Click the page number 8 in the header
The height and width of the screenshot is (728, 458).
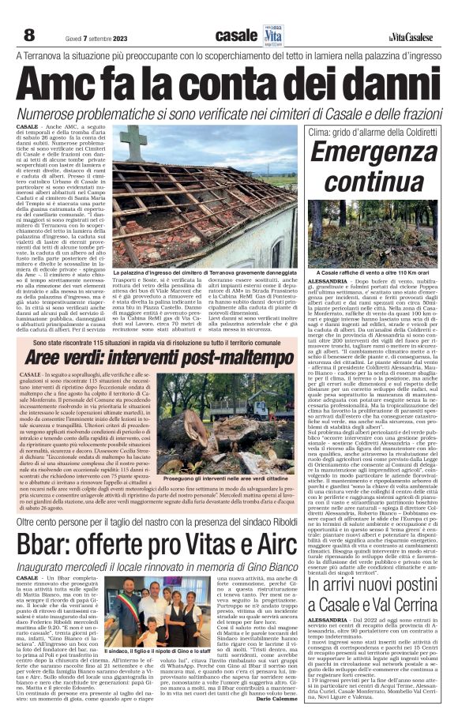28,13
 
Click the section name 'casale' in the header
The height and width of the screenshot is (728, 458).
236,14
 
